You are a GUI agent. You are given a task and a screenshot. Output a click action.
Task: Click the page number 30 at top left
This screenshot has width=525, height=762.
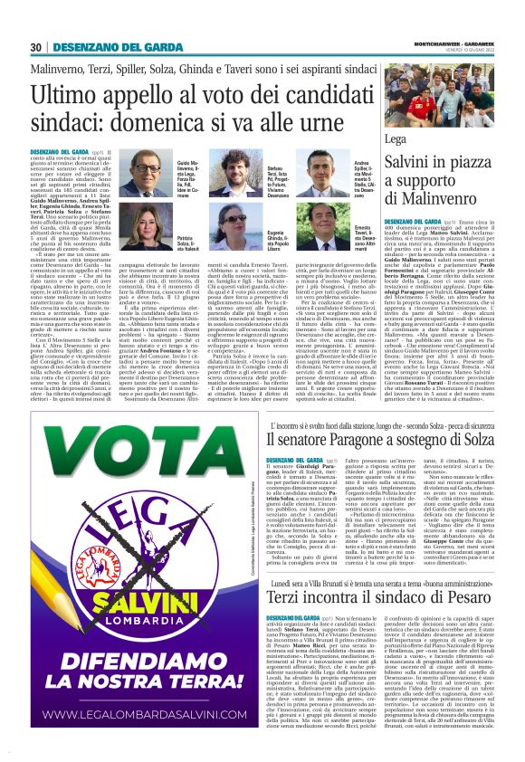[x=37, y=47]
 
